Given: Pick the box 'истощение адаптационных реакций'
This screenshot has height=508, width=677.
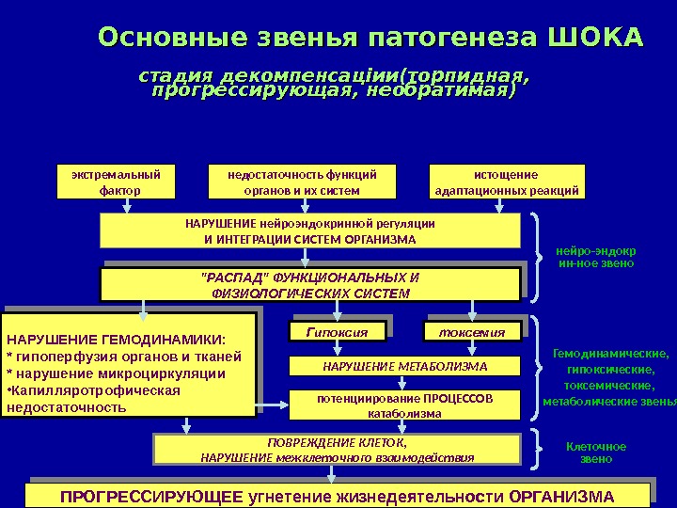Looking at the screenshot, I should pyautogui.click(x=507, y=183).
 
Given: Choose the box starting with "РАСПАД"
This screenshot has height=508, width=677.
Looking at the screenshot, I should pyautogui.click(x=309, y=285).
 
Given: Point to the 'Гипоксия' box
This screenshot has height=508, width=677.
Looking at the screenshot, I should pyautogui.click(x=336, y=332).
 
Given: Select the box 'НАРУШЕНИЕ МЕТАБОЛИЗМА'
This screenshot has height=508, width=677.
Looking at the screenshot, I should pyautogui.click(x=404, y=366).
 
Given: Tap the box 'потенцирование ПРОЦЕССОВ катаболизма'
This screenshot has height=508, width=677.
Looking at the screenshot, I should pyautogui.click(x=404, y=405).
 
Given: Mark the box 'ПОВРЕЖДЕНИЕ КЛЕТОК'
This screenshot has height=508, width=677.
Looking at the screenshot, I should pyautogui.click(x=337, y=450).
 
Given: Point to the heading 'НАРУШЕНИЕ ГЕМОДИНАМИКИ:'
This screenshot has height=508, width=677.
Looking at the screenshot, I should pyautogui.click(x=118, y=341).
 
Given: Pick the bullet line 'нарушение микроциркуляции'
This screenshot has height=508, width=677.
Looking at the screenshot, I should pyautogui.click(x=118, y=373).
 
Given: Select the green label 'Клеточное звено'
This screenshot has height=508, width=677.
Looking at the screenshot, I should pyautogui.click(x=596, y=452).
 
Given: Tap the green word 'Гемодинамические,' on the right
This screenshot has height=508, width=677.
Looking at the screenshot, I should pyautogui.click(x=610, y=354).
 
